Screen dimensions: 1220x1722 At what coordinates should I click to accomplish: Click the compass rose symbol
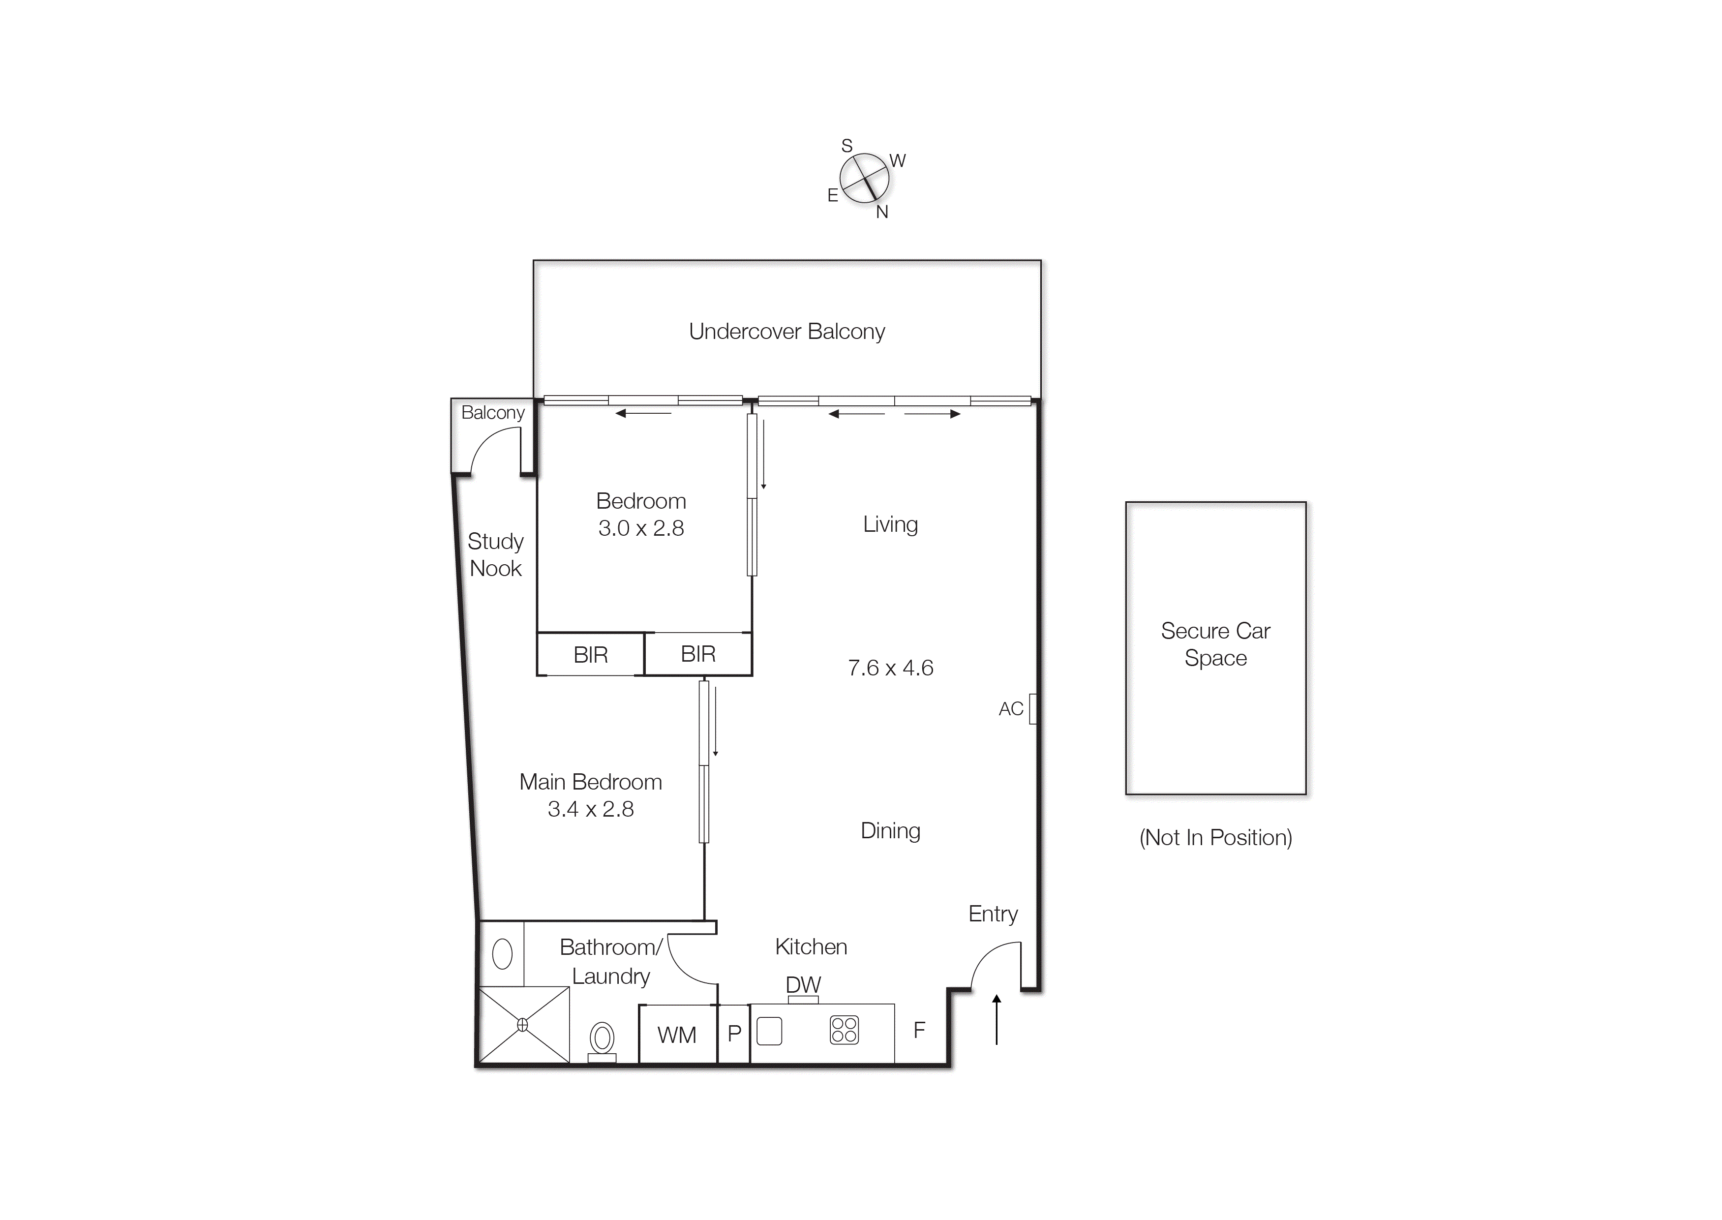pyautogui.click(x=864, y=178)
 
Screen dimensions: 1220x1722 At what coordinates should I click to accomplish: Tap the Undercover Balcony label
pyautogui.click(x=786, y=331)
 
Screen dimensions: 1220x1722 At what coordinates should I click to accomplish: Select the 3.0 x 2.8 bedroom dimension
pyautogui.click(x=640, y=528)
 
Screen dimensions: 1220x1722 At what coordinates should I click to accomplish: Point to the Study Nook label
pyautogui.click(x=495, y=554)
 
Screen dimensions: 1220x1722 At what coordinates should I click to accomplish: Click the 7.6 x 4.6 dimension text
pyautogui.click(x=890, y=668)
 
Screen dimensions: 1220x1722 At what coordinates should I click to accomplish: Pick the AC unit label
pyautogui.click(x=1011, y=708)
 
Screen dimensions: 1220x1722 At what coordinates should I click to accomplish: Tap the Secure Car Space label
pyautogui.click(x=1215, y=644)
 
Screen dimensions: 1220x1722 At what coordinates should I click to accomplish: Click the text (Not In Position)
pyautogui.click(x=1215, y=838)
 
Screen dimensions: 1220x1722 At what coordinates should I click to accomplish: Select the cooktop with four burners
pyautogui.click(x=844, y=1030)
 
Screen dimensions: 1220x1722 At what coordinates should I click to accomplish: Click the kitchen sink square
pyautogui.click(x=769, y=1031)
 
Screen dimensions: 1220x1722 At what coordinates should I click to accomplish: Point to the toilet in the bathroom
pyautogui.click(x=602, y=1039)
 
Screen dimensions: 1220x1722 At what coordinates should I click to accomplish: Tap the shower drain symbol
pyautogui.click(x=523, y=1025)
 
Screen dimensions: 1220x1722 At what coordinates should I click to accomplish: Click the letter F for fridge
pyautogui.click(x=918, y=1030)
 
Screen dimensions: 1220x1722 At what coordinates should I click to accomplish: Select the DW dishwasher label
pyautogui.click(x=803, y=984)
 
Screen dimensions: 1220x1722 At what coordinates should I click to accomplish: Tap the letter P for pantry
pyautogui.click(x=734, y=1034)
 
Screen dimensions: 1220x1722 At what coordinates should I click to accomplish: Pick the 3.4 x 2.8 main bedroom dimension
pyautogui.click(x=590, y=809)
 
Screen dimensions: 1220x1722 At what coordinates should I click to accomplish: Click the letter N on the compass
pyautogui.click(x=881, y=213)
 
